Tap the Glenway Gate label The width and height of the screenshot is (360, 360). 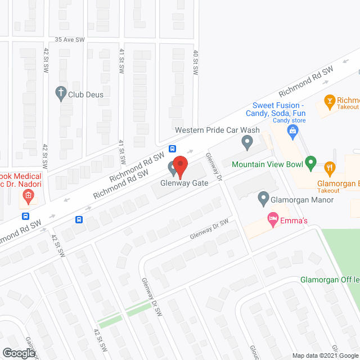pos(183,183)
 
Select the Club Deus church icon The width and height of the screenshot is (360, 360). pos(61,94)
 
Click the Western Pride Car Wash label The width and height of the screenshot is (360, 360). pos(217,130)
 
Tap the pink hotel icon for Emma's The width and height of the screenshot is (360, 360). pos(273,219)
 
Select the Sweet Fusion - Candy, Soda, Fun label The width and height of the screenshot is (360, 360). pos(278,109)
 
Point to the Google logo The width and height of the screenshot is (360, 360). pos(18,353)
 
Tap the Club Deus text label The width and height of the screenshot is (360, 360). pos(87,94)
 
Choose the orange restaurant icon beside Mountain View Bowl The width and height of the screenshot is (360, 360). pos(330,166)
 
